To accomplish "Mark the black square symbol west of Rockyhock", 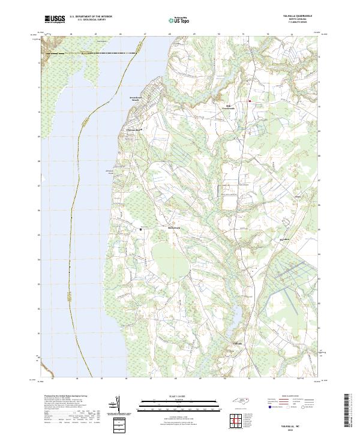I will tap(142, 229).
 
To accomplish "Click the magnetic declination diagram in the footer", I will tap(115, 405).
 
